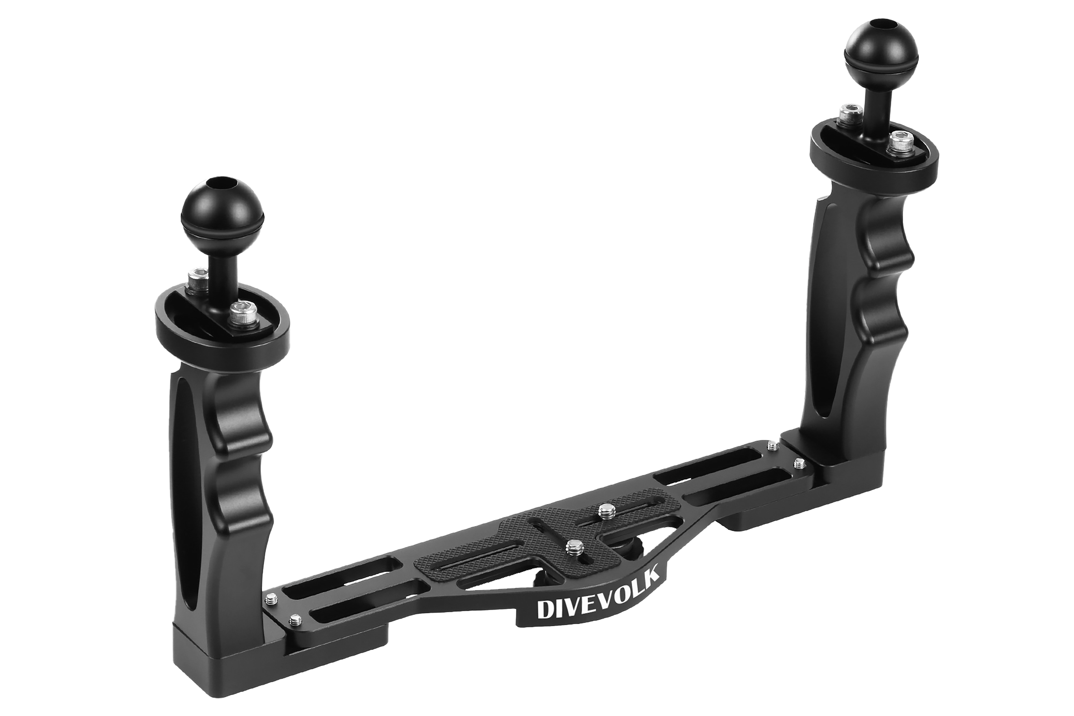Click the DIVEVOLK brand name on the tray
tap(598, 594)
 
